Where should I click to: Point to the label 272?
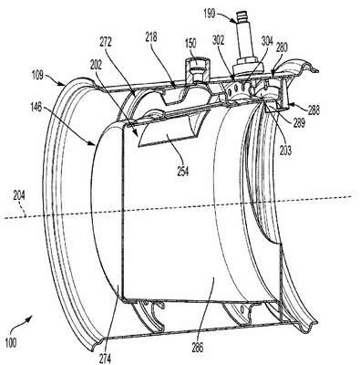pyautogui.click(x=106, y=42)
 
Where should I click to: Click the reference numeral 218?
pyautogui.click(x=151, y=37)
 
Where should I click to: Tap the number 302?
pyautogui.click(x=218, y=40)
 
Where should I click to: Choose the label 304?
pyautogui.click(x=267, y=41)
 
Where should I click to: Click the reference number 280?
pyautogui.click(x=282, y=48)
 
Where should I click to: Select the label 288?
pyautogui.click(x=314, y=109)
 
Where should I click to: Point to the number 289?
pyautogui.click(x=299, y=123)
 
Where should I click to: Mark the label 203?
pyautogui.click(x=285, y=151)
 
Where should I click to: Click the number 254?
pyautogui.click(x=182, y=172)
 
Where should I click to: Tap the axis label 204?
pyautogui.click(x=18, y=195)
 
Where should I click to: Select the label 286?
pyautogui.click(x=198, y=348)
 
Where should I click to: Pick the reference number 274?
pyautogui.click(x=104, y=359)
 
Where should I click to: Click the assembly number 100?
pyautogui.click(x=11, y=343)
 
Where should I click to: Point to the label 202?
pyautogui.click(x=98, y=65)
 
